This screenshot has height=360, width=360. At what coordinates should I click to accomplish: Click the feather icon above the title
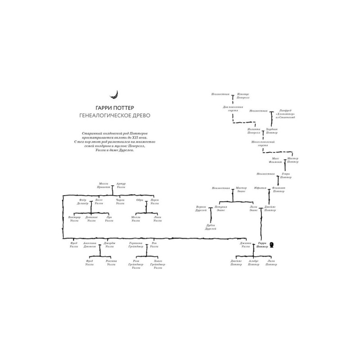coord(117,94)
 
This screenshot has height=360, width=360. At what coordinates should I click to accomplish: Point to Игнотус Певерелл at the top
coord(242,96)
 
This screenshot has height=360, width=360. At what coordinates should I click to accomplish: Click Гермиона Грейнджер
coord(136,245)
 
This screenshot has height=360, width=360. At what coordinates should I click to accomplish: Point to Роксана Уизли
coord(111,263)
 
